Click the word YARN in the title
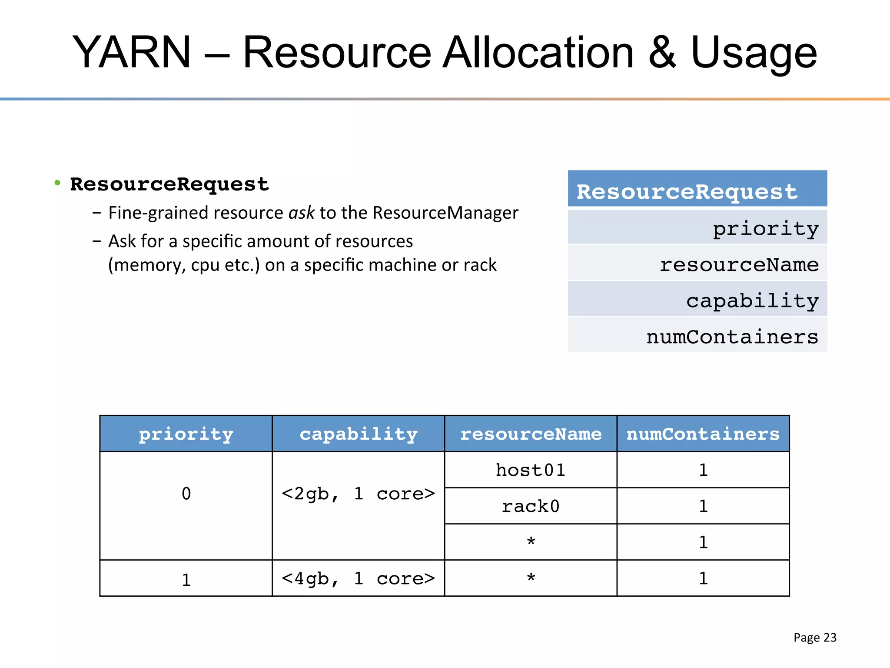pos(132,53)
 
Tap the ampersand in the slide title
pos(662,53)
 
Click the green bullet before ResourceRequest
pos(57,183)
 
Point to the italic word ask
pos(301,213)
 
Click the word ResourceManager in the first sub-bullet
pos(445,213)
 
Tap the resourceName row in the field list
pos(697,264)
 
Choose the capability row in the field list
pos(697,300)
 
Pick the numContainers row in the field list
pos(697,336)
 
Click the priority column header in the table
pos(186,434)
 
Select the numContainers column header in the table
pos(703,434)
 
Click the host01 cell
pos(531,470)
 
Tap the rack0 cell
pos(531,506)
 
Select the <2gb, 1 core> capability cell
pos(358,494)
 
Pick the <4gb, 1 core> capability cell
pos(358,578)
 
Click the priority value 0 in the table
pos(186,494)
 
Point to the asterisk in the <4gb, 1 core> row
pos(531,578)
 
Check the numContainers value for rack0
pos(703,506)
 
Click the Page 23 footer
pos(814,638)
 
